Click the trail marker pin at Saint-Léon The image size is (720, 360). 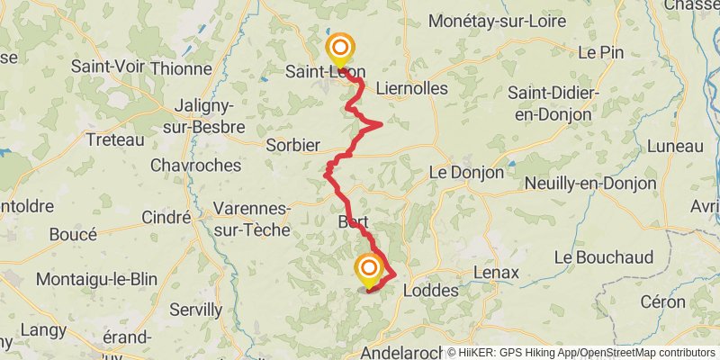click(x=341, y=49)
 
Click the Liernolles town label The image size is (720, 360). click(x=411, y=88)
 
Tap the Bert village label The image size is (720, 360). click(x=354, y=221)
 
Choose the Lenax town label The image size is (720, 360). click(x=497, y=272)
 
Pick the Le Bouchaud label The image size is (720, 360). click(x=603, y=257)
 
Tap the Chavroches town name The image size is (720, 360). click(x=195, y=166)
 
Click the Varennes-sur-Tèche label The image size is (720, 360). click(x=252, y=220)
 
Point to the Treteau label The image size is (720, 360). click(x=114, y=139)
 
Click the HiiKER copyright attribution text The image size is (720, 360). click(x=580, y=352)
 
